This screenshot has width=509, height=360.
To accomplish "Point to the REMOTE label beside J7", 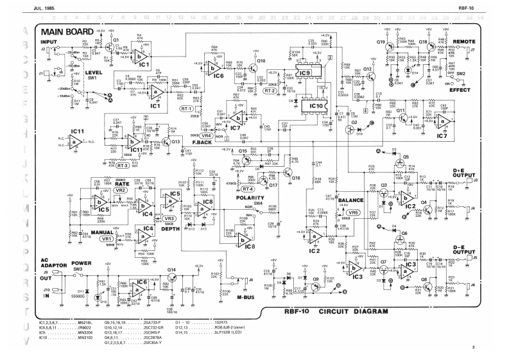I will (464, 41).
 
